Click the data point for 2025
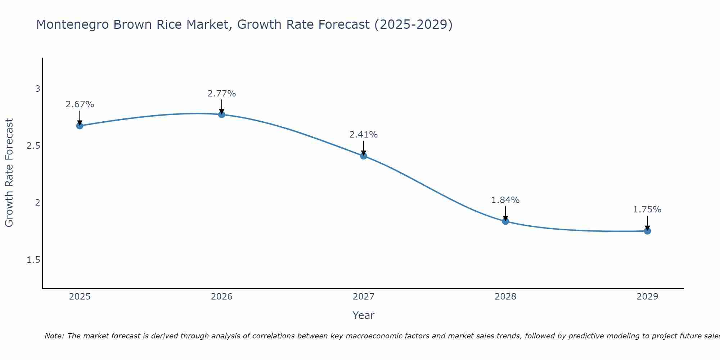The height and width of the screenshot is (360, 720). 80,126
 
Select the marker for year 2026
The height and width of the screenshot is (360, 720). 222,114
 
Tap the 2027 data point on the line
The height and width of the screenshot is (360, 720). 364,156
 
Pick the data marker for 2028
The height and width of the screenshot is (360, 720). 505,221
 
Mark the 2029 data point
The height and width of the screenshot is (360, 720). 647,231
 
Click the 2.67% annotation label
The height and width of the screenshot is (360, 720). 80,104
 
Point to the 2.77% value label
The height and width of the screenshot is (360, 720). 222,94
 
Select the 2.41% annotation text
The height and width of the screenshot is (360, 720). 364,135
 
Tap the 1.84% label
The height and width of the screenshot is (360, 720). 505,200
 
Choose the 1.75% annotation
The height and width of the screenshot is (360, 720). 647,210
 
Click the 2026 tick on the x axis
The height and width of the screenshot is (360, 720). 222,297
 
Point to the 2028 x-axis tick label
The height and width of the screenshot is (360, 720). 505,297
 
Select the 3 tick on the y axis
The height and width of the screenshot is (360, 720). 37,89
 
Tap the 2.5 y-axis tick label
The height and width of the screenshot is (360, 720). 33,146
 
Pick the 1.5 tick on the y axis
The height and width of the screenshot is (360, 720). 33,260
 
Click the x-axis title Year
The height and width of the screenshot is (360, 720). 364,315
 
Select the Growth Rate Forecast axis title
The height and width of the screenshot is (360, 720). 9,173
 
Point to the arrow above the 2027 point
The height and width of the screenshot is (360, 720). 364,148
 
